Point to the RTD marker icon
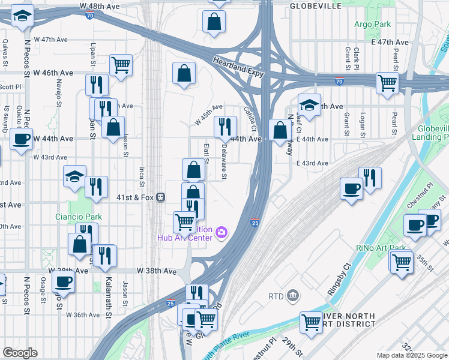292,295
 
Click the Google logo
20,353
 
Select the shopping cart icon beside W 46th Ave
121,64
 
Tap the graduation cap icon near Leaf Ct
309,105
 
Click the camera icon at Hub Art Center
221,232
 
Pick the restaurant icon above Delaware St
226,125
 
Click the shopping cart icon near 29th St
311,322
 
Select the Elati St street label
206,152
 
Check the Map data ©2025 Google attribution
412,355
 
